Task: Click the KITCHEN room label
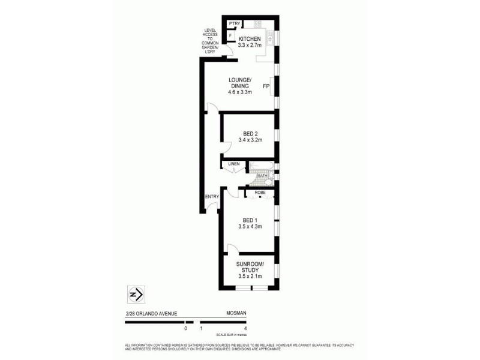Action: point(250,39)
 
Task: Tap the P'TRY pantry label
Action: point(235,23)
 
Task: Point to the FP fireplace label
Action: point(266,86)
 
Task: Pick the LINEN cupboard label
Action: point(234,163)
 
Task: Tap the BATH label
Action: point(262,176)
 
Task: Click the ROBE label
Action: point(260,193)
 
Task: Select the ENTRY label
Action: point(212,196)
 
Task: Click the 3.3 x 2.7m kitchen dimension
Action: point(250,46)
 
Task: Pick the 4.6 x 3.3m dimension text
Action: point(239,92)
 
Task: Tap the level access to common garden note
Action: point(210,40)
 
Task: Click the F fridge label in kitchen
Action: point(231,35)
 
